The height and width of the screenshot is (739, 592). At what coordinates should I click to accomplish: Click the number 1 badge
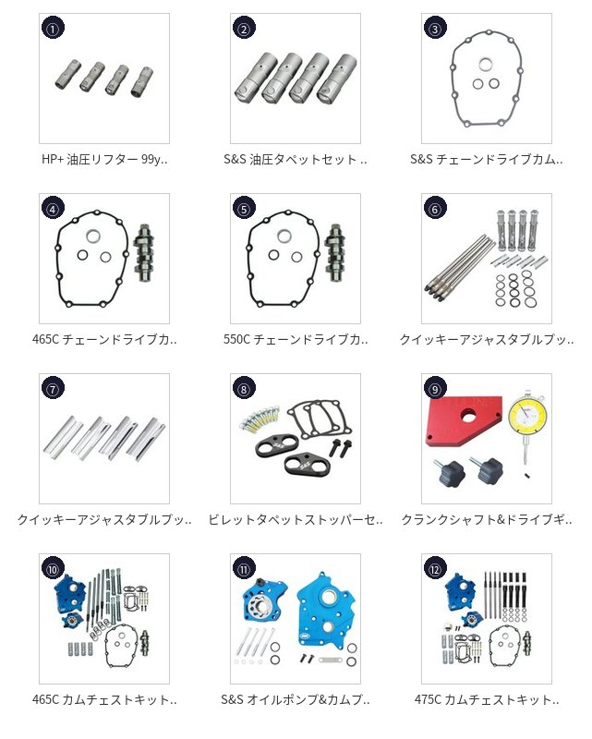(53, 29)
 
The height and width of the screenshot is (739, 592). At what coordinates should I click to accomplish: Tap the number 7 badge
(53, 389)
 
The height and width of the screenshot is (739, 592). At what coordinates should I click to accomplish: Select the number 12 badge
(435, 569)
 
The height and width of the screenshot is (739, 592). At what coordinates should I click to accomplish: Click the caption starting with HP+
(104, 159)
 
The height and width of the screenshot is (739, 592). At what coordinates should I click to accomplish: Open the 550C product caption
(296, 339)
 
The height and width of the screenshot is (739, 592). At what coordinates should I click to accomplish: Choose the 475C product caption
(487, 699)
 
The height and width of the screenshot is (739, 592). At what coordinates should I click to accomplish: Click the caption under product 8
(296, 519)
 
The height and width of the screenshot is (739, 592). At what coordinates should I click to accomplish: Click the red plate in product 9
(465, 420)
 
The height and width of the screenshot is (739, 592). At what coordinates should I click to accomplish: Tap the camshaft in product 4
(144, 253)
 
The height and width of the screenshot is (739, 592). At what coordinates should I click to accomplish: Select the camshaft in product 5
(334, 253)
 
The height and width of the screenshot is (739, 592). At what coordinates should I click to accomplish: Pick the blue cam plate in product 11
(327, 611)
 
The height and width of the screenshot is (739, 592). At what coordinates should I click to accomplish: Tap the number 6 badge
(435, 209)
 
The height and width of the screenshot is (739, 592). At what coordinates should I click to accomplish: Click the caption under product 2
(296, 159)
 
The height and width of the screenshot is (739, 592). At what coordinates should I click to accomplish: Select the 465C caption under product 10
(104, 699)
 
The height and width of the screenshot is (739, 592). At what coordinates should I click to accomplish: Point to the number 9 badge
(435, 389)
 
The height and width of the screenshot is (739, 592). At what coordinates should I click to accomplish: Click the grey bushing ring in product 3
(486, 65)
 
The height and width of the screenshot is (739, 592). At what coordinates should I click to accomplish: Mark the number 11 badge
(244, 569)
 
